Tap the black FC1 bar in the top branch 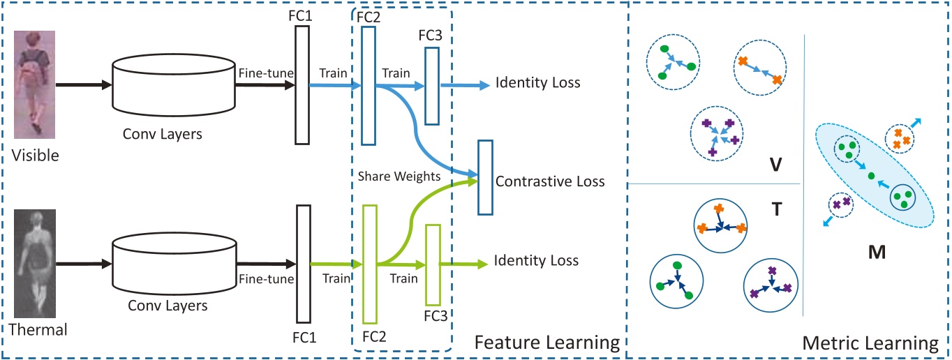point(302,85)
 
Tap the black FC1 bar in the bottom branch point(302,264)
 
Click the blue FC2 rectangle point(369,85)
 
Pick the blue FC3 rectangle point(432,85)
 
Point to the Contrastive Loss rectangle point(485,177)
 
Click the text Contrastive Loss point(550,182)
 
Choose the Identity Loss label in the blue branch point(537,82)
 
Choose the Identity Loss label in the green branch point(536,262)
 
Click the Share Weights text point(399,177)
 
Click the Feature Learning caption point(547,343)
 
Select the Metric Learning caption point(870,343)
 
